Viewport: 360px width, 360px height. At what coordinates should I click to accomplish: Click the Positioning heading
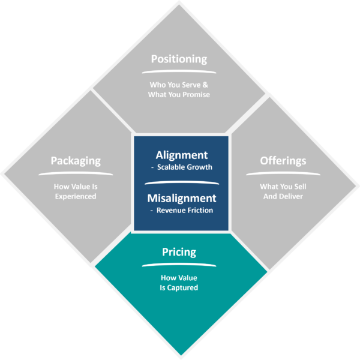tap(179, 59)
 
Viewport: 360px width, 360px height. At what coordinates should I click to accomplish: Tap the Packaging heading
tap(76, 161)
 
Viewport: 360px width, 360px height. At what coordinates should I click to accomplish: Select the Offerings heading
tap(283, 161)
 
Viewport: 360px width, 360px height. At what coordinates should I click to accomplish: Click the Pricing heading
tap(179, 252)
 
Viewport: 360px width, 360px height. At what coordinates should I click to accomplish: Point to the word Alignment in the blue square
tap(182, 155)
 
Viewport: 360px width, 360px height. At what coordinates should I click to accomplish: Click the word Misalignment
tap(182, 199)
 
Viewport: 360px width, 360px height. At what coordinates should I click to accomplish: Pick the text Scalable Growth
tap(185, 167)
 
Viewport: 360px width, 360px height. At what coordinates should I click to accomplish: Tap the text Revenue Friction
tap(185, 211)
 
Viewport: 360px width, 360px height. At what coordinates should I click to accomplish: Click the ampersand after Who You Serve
tap(205, 85)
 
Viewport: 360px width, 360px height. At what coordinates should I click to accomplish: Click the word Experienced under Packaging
tap(76, 197)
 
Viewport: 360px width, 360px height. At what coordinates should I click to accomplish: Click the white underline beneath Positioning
tap(179, 72)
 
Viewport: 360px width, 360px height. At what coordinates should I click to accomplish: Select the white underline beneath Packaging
tap(76, 173)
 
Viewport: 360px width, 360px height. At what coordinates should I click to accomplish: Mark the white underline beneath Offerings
tap(283, 173)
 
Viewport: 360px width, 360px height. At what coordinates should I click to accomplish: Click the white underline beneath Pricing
tap(179, 265)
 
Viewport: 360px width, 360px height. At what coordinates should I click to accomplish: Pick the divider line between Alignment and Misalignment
tap(182, 183)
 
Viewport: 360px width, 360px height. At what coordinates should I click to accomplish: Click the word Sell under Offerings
tap(301, 187)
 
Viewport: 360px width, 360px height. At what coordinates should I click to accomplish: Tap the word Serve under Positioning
tap(191, 85)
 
